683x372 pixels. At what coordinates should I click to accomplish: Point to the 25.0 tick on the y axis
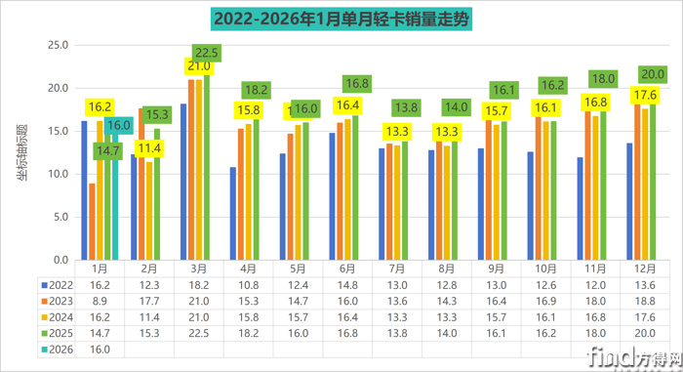pos(57,45)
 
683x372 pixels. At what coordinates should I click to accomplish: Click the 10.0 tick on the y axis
pos(57,174)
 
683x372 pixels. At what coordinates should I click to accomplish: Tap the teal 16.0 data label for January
pos(117,125)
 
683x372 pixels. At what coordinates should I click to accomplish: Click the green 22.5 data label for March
pos(207,53)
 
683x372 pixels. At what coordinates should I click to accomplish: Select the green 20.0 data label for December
pos(651,74)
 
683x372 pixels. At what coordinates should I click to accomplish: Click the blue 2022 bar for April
pos(232,213)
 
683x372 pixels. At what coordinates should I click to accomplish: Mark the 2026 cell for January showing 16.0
pos(100,347)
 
